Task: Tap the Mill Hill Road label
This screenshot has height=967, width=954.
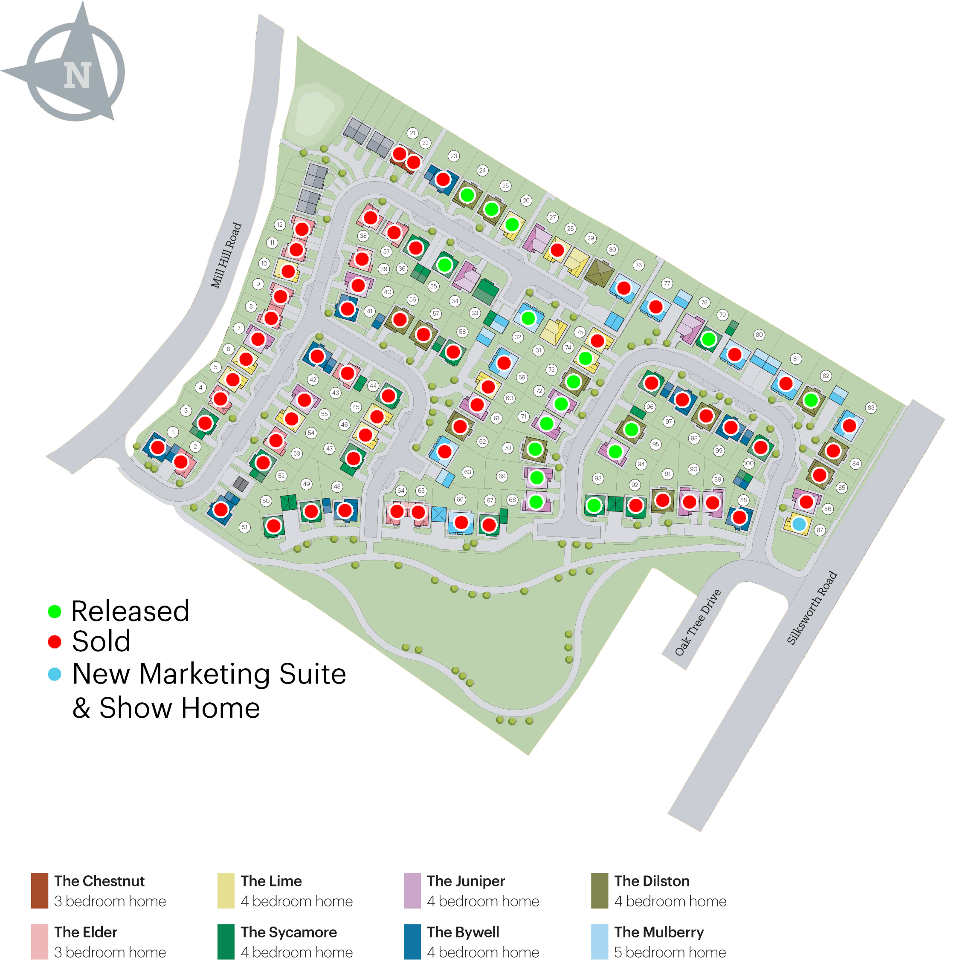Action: pos(226,255)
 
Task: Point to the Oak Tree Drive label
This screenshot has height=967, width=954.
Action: pos(698,622)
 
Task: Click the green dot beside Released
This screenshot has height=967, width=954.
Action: pos(54,611)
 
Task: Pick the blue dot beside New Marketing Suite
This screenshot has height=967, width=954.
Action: pos(54,674)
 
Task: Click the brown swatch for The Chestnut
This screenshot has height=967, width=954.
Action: pos(40,890)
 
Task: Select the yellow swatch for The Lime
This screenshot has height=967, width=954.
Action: pos(225,890)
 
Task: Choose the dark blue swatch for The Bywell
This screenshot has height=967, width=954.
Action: pos(412,941)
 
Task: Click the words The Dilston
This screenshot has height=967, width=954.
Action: pos(652,881)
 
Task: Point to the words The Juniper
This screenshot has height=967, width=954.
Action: pos(465,881)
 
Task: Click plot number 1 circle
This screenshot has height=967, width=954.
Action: pos(173,431)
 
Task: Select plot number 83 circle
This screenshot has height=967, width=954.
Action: pos(871,407)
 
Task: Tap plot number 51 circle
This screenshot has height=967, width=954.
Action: pos(244,527)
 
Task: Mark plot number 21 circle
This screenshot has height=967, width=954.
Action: pos(412,133)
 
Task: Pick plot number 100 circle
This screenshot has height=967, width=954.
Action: pos(748,463)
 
